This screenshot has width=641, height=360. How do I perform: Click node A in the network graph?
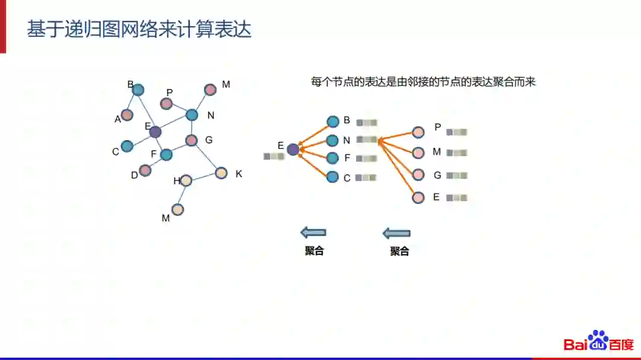point(127,114)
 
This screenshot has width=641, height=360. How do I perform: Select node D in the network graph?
point(145,171)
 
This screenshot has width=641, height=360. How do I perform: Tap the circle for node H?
point(186,180)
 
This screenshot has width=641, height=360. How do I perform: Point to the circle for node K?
point(221,173)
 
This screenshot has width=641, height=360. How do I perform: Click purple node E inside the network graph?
point(155,132)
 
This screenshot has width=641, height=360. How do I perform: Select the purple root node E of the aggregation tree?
point(293,149)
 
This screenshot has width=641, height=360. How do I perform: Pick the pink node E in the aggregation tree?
point(418,197)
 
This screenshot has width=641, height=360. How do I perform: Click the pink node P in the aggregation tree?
point(418,132)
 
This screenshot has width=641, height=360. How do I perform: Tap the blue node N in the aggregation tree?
point(332,141)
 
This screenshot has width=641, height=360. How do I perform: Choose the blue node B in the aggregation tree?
point(332,122)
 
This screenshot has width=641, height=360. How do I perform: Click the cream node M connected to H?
point(177,209)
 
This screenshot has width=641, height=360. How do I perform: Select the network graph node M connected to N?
point(210,90)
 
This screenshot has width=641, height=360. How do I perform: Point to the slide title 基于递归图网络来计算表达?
point(139,29)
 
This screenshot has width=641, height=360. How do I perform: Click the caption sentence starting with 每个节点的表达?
point(423,82)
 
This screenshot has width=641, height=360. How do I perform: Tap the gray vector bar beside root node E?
point(273,157)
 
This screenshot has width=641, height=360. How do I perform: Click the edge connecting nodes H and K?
point(204,177)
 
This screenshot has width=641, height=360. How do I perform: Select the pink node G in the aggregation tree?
point(418,175)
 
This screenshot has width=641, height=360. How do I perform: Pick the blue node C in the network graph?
point(127,146)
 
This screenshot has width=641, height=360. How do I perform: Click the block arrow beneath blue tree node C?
point(313,232)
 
